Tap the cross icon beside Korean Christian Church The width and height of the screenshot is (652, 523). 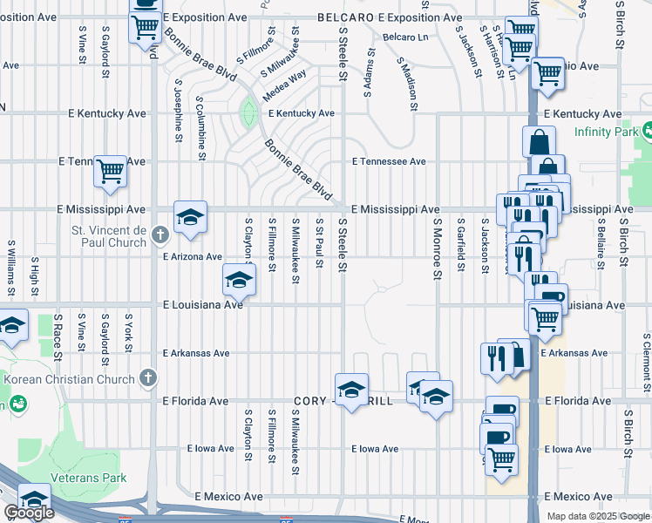[x=149, y=378]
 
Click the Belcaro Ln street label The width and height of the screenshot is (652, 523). [x=407, y=37]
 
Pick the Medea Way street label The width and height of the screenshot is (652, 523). [x=285, y=85]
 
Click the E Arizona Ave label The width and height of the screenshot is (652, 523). [x=193, y=256]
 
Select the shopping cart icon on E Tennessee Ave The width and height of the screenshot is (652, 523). [x=111, y=171]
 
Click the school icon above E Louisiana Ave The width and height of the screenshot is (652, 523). [x=239, y=279]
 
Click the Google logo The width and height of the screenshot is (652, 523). [x=30, y=513]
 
